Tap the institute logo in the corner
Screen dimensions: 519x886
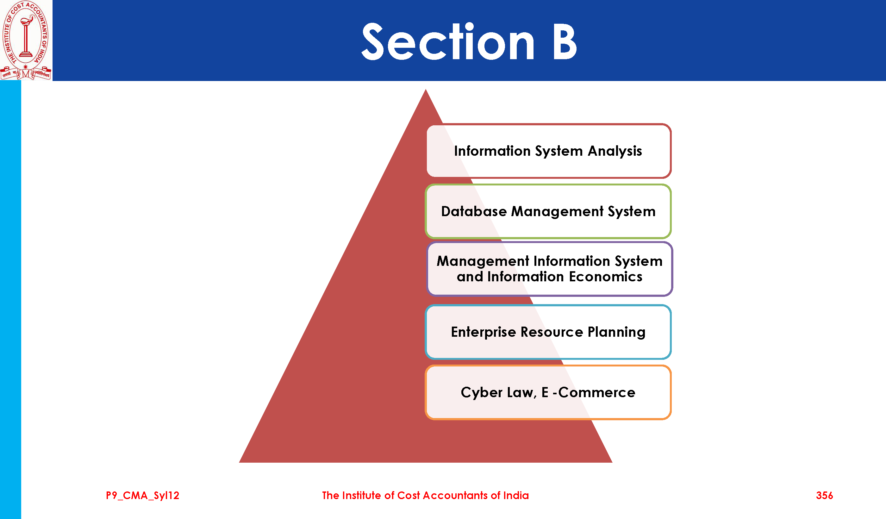[26, 40]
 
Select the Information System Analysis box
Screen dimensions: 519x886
[548, 151]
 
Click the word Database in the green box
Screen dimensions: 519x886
[474, 211]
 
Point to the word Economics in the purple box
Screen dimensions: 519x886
[605, 277]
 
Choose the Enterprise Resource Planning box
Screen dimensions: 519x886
[548, 332]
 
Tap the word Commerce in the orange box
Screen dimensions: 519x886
[597, 392]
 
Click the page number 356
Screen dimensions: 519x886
[824, 496]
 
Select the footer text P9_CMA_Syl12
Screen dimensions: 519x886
[142, 496]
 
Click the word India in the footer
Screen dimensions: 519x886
[516, 496]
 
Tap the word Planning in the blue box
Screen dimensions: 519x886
[616, 332]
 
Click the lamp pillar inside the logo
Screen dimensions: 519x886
[25, 39]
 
